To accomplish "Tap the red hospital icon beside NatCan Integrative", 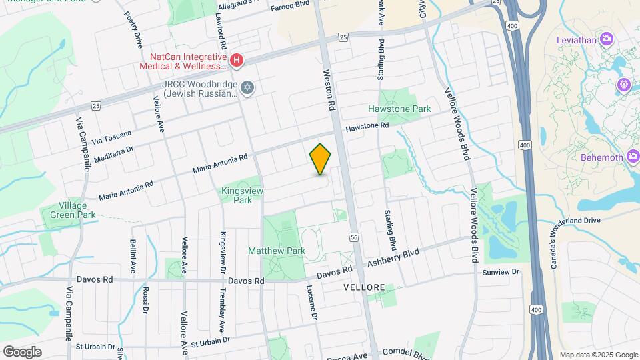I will point(236,62).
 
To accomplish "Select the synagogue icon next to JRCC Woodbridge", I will point(247,89).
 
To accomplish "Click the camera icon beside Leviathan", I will point(606,39).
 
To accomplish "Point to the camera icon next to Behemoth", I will point(633,157).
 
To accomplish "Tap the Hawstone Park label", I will point(399,109).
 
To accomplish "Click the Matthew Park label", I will point(276,251).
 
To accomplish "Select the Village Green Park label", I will point(68,210).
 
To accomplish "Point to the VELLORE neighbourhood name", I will point(364,287).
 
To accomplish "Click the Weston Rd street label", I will point(329,90).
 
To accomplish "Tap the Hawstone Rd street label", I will point(366,126).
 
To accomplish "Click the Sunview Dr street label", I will point(500,272).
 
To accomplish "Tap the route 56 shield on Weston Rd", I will point(353,237).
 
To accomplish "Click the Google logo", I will point(22,351).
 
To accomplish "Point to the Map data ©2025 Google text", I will point(598,355).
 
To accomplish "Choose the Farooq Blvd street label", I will point(291,5).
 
